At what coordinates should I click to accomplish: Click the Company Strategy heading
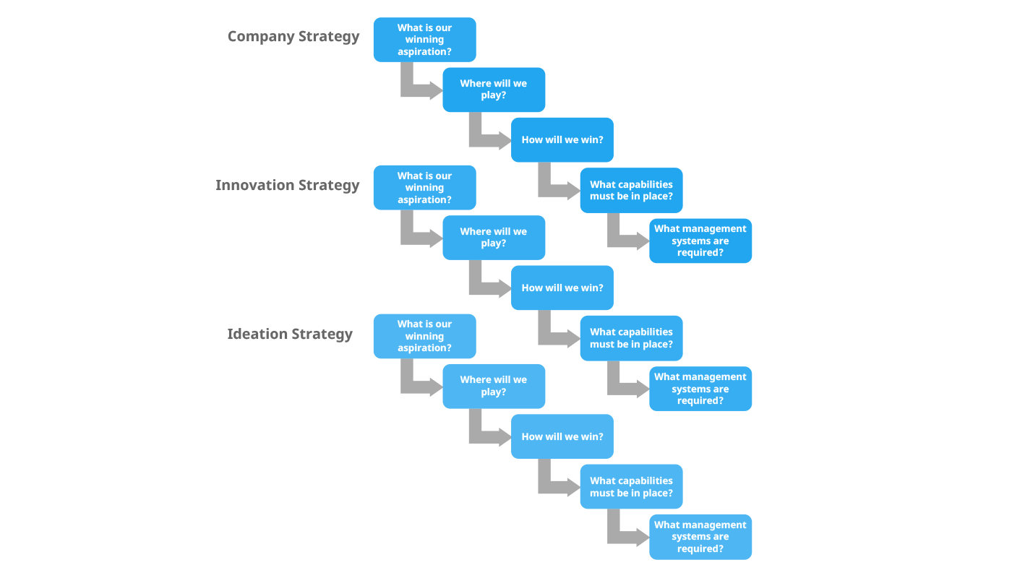(293, 37)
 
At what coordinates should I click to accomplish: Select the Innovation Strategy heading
(287, 186)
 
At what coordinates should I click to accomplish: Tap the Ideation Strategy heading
(290, 334)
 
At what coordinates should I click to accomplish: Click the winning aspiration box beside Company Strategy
(424, 40)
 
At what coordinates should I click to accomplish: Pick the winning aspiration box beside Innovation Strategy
(424, 188)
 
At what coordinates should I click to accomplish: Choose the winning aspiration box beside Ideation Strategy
(424, 336)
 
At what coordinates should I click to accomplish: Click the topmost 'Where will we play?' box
(494, 90)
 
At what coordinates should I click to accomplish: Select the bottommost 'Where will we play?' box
(494, 386)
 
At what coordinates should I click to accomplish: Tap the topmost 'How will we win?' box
(562, 139)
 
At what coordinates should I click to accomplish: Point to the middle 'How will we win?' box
(562, 288)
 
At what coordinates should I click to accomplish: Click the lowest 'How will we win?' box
(562, 436)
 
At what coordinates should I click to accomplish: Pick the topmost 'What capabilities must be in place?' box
(631, 191)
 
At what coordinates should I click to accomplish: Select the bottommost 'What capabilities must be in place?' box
(631, 487)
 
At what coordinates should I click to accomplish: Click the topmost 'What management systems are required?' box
(700, 241)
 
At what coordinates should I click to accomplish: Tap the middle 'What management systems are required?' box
(700, 389)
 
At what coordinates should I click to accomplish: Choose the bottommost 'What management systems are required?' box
(700, 537)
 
